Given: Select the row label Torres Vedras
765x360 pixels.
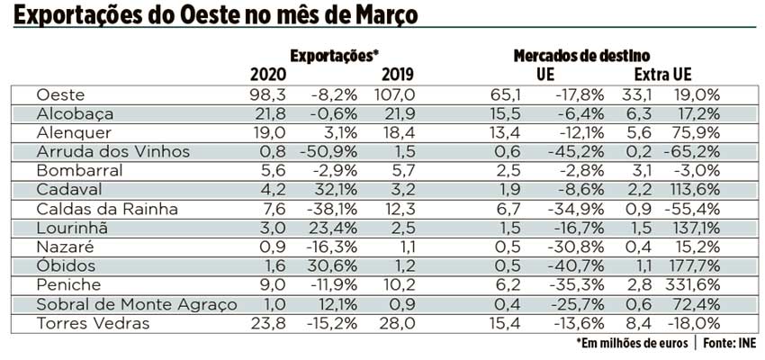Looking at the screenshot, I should [x=94, y=323].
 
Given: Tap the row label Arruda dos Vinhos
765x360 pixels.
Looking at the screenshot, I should [x=112, y=151].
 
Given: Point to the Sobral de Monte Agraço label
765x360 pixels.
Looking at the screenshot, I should [x=136, y=304].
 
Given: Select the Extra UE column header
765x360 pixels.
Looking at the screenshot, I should [x=668, y=74].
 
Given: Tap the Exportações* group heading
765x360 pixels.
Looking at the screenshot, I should [x=335, y=56].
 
